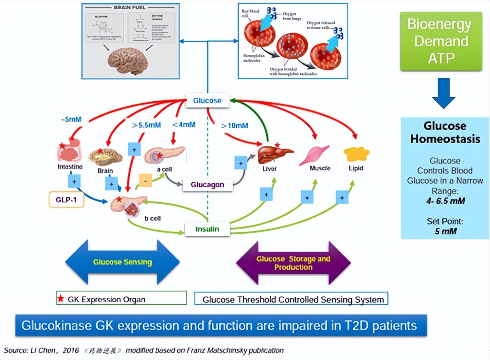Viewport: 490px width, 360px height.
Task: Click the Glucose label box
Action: (x=207, y=100)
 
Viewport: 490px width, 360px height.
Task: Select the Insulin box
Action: (x=207, y=229)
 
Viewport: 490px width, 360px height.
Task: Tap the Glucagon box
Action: (x=207, y=184)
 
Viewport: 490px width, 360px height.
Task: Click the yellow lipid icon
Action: (x=356, y=154)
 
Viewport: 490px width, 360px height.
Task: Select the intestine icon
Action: (x=70, y=151)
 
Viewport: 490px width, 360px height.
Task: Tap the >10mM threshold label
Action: (x=234, y=125)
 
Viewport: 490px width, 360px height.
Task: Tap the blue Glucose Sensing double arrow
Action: (x=122, y=262)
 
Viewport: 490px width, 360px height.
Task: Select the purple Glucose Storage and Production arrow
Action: (x=293, y=263)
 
